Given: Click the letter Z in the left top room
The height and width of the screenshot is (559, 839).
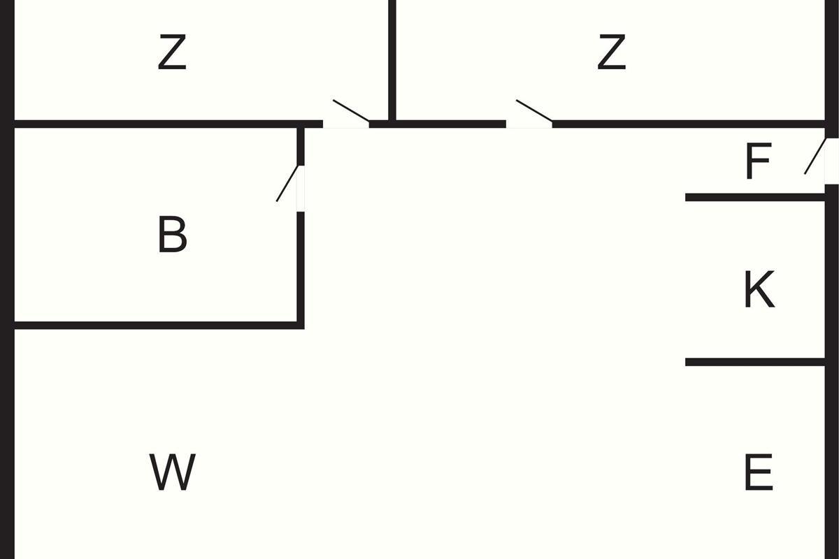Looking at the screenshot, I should point(172,53).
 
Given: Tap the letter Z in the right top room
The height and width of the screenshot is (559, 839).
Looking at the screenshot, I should point(611,53).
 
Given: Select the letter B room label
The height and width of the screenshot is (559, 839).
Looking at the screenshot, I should point(172,235).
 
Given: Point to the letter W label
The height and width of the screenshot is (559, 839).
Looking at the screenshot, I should point(172,473).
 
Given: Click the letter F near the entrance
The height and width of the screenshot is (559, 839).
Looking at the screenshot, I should point(758,161).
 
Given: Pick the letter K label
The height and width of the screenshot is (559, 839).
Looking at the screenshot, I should point(759,289).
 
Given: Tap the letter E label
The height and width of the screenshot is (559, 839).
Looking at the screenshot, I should point(759,473).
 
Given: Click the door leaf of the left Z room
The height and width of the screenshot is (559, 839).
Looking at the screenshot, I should point(351,111).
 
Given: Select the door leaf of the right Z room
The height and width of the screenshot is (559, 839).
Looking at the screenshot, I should point(534,111).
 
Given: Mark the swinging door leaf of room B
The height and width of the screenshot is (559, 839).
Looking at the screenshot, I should point(287,183).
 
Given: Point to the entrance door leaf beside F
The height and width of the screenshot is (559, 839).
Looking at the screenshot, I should point(815,156).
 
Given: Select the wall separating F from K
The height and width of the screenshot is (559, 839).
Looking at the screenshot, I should point(755,198).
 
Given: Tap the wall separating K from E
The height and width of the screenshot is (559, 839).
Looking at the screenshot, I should point(755,362).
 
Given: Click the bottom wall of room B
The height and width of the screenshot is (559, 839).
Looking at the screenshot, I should point(157,325).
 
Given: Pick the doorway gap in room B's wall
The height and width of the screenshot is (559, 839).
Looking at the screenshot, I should point(301,189).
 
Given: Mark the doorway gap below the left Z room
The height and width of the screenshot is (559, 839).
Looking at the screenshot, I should point(346,124).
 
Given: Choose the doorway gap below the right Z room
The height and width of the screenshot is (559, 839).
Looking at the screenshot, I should point(529,124).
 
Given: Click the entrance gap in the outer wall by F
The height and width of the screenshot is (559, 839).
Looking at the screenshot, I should point(831,161).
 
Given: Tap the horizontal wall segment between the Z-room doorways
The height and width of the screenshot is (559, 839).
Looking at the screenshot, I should point(447,124).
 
